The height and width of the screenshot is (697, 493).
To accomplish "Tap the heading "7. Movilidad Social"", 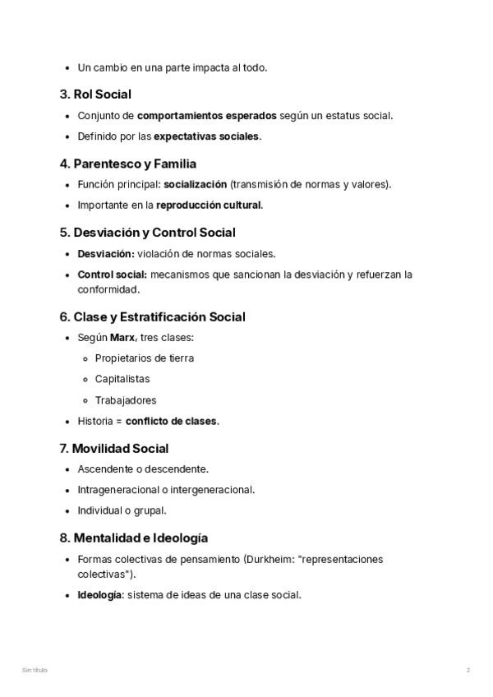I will (x=113, y=449).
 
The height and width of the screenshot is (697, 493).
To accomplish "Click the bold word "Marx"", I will (x=123, y=337).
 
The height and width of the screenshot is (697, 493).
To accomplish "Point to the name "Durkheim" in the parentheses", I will (x=268, y=559).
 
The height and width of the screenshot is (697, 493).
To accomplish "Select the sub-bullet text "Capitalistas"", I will (x=122, y=379).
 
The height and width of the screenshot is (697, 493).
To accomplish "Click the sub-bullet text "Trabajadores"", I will (x=126, y=400).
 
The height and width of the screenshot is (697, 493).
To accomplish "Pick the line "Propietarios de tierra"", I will (x=145, y=358).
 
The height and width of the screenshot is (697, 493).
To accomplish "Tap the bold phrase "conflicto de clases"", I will (x=171, y=421).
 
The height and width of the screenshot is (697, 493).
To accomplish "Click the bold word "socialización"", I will (x=196, y=184).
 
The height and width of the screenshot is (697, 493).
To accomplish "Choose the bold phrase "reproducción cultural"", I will (x=209, y=205).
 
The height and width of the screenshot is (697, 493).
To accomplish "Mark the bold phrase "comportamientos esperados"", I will (x=206, y=115).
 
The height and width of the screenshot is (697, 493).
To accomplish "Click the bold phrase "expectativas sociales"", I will (x=206, y=136).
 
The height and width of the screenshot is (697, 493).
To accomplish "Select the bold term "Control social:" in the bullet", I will (x=112, y=274).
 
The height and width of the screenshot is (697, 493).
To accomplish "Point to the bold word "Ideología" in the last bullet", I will (x=99, y=594).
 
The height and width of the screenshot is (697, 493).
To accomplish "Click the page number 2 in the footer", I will (x=468, y=670).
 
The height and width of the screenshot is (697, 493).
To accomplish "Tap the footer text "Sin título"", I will (x=35, y=670).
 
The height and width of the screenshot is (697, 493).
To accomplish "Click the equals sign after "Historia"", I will (x=118, y=421).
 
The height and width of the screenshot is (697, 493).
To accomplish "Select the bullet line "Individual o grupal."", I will (x=122, y=510).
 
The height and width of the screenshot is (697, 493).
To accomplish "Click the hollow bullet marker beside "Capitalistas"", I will (x=86, y=379).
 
